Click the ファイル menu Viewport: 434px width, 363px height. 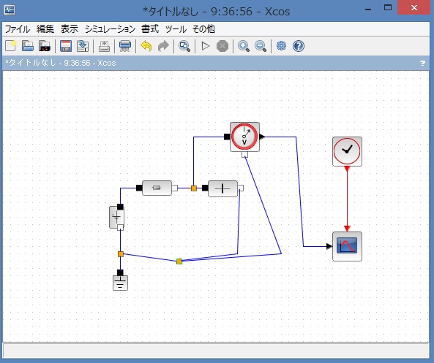point(18,29)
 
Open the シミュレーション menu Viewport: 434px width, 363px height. point(111,29)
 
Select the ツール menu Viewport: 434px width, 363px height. point(176,29)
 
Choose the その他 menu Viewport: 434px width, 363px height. point(203,29)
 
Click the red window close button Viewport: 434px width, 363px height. point(414,8)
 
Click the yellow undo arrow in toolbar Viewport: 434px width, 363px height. point(146,46)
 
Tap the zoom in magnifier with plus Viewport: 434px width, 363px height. point(244,46)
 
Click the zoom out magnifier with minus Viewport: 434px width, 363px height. point(261,46)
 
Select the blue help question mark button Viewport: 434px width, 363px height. point(299,46)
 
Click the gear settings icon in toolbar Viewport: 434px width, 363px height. point(281,45)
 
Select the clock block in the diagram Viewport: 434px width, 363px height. point(347,151)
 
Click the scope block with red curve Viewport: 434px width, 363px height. point(347,246)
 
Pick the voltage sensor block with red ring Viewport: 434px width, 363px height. point(244,137)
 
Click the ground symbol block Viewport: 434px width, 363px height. point(121,283)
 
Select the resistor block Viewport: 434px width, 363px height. point(157,188)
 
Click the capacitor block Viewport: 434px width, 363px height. point(222,188)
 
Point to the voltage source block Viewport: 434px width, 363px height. point(116,217)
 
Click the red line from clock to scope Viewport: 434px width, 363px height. point(347,199)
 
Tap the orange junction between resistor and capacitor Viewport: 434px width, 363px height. point(194,188)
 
